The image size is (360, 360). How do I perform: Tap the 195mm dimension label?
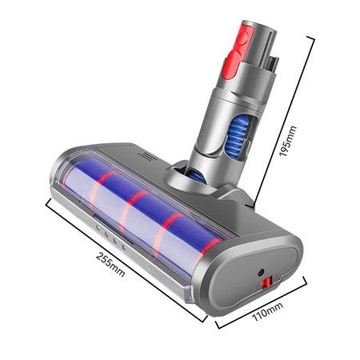(287, 141)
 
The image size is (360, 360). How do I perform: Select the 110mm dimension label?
(267, 311)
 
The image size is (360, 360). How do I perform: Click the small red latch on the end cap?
(267, 282)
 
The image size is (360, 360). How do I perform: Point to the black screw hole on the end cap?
(260, 272)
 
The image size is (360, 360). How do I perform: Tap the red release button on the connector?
(237, 50)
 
